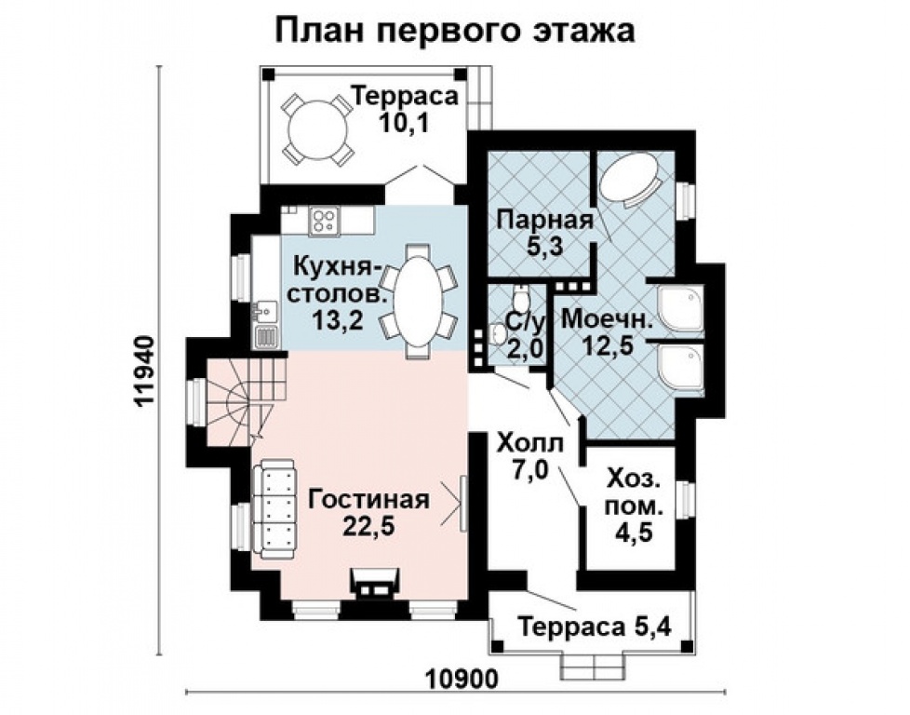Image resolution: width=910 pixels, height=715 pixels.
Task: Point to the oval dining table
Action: point(418,299)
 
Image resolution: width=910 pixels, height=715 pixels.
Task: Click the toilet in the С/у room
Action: point(522,300)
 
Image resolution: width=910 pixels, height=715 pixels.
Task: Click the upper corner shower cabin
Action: point(681,308)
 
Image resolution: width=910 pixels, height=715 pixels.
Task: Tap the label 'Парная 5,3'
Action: point(544,232)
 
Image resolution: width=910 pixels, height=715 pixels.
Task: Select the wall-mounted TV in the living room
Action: point(462,505)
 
